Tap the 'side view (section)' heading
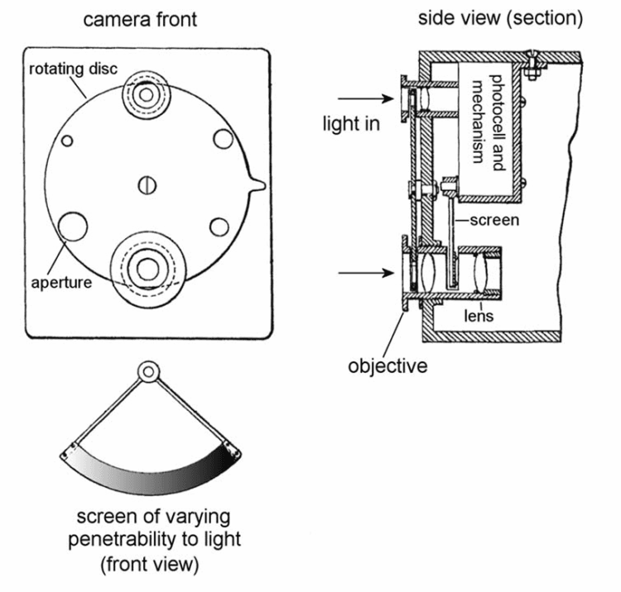point(501,17)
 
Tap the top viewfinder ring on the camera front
point(147,96)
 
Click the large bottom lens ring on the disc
point(149,266)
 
